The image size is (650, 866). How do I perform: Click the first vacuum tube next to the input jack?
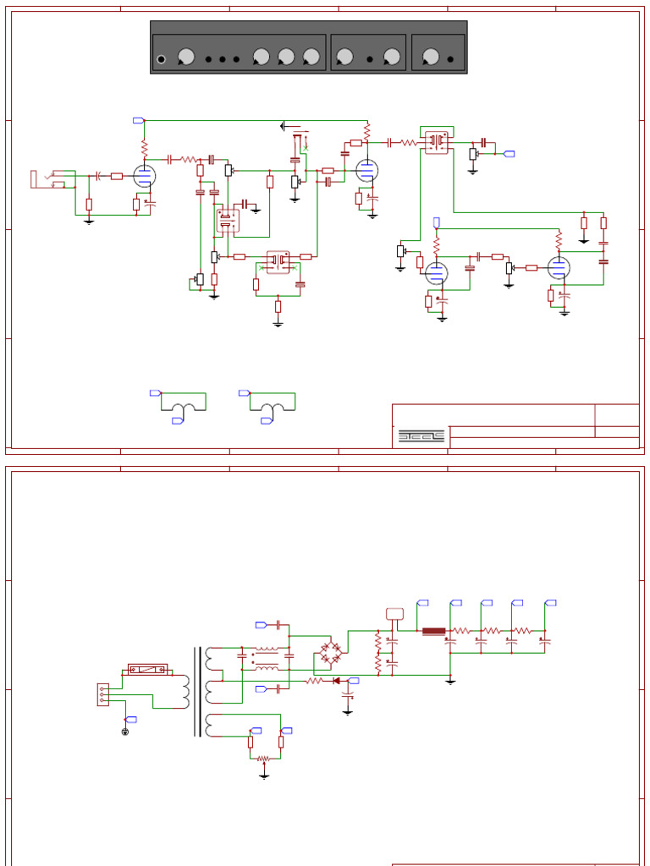[x=145, y=176]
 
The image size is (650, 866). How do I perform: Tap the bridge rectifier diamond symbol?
[x=330, y=651]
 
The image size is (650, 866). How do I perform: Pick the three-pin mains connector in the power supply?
[x=102, y=694]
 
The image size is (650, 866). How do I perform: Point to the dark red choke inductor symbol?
[x=433, y=631]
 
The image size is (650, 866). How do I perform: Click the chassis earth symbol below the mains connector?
[x=125, y=731]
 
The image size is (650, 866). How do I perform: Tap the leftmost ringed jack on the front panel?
[x=161, y=59]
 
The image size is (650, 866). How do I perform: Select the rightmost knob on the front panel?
[x=431, y=57]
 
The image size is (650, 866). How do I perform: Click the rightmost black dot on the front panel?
[x=450, y=59]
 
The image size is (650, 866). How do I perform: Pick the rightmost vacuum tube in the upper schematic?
[x=558, y=267]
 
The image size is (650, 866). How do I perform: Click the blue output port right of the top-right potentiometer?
[x=509, y=153]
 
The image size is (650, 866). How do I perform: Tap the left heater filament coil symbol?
[x=183, y=408]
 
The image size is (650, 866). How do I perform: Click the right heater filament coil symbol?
[x=272, y=408]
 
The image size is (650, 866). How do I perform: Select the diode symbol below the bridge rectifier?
[x=336, y=680]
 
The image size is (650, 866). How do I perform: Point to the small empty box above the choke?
[x=394, y=614]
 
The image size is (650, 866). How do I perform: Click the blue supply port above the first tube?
[x=139, y=120]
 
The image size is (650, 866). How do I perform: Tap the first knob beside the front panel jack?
[x=186, y=57]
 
